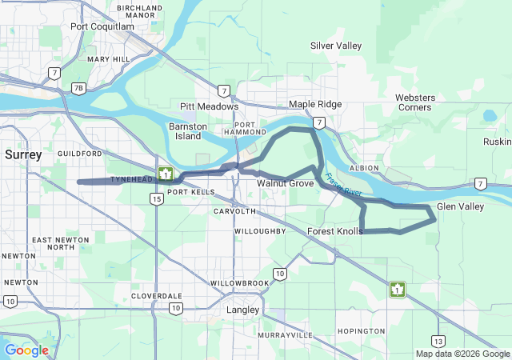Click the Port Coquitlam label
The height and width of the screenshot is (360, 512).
(x=102, y=26)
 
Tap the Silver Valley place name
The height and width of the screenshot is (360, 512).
(x=336, y=46)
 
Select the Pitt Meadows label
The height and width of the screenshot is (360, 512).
(x=209, y=106)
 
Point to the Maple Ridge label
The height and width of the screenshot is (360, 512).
(x=315, y=105)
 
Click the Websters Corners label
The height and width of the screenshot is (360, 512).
(x=414, y=102)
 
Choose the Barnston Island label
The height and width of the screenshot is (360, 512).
(x=190, y=131)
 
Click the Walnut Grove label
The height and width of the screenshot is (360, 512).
(x=285, y=184)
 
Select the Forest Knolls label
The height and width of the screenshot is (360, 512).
(x=334, y=231)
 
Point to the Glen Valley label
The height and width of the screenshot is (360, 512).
(x=460, y=207)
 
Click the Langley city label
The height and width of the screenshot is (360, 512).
(x=243, y=310)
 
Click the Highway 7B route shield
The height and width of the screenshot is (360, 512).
(x=78, y=88)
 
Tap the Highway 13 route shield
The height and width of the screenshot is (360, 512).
(x=438, y=341)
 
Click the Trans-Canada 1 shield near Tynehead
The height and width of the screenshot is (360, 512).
(x=166, y=174)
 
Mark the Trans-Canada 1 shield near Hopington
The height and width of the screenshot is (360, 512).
(x=397, y=289)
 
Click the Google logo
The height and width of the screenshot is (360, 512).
(x=26, y=350)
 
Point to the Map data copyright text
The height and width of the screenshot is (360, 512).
(x=462, y=354)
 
